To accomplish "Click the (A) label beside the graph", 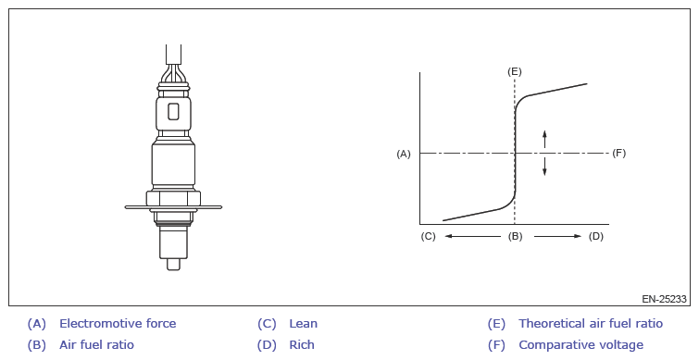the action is [x=404, y=154].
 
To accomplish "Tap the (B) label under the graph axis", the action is [x=515, y=236].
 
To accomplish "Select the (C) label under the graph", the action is [x=428, y=236].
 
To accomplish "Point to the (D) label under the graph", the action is [x=596, y=236].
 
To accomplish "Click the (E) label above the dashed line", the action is [x=515, y=72].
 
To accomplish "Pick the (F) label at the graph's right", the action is [x=618, y=154].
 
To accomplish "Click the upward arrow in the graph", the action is [x=544, y=139].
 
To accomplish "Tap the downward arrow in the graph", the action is [x=544, y=167].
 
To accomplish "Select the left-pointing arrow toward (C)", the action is [x=473, y=236].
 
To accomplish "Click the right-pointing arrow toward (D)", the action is [x=557, y=236].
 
